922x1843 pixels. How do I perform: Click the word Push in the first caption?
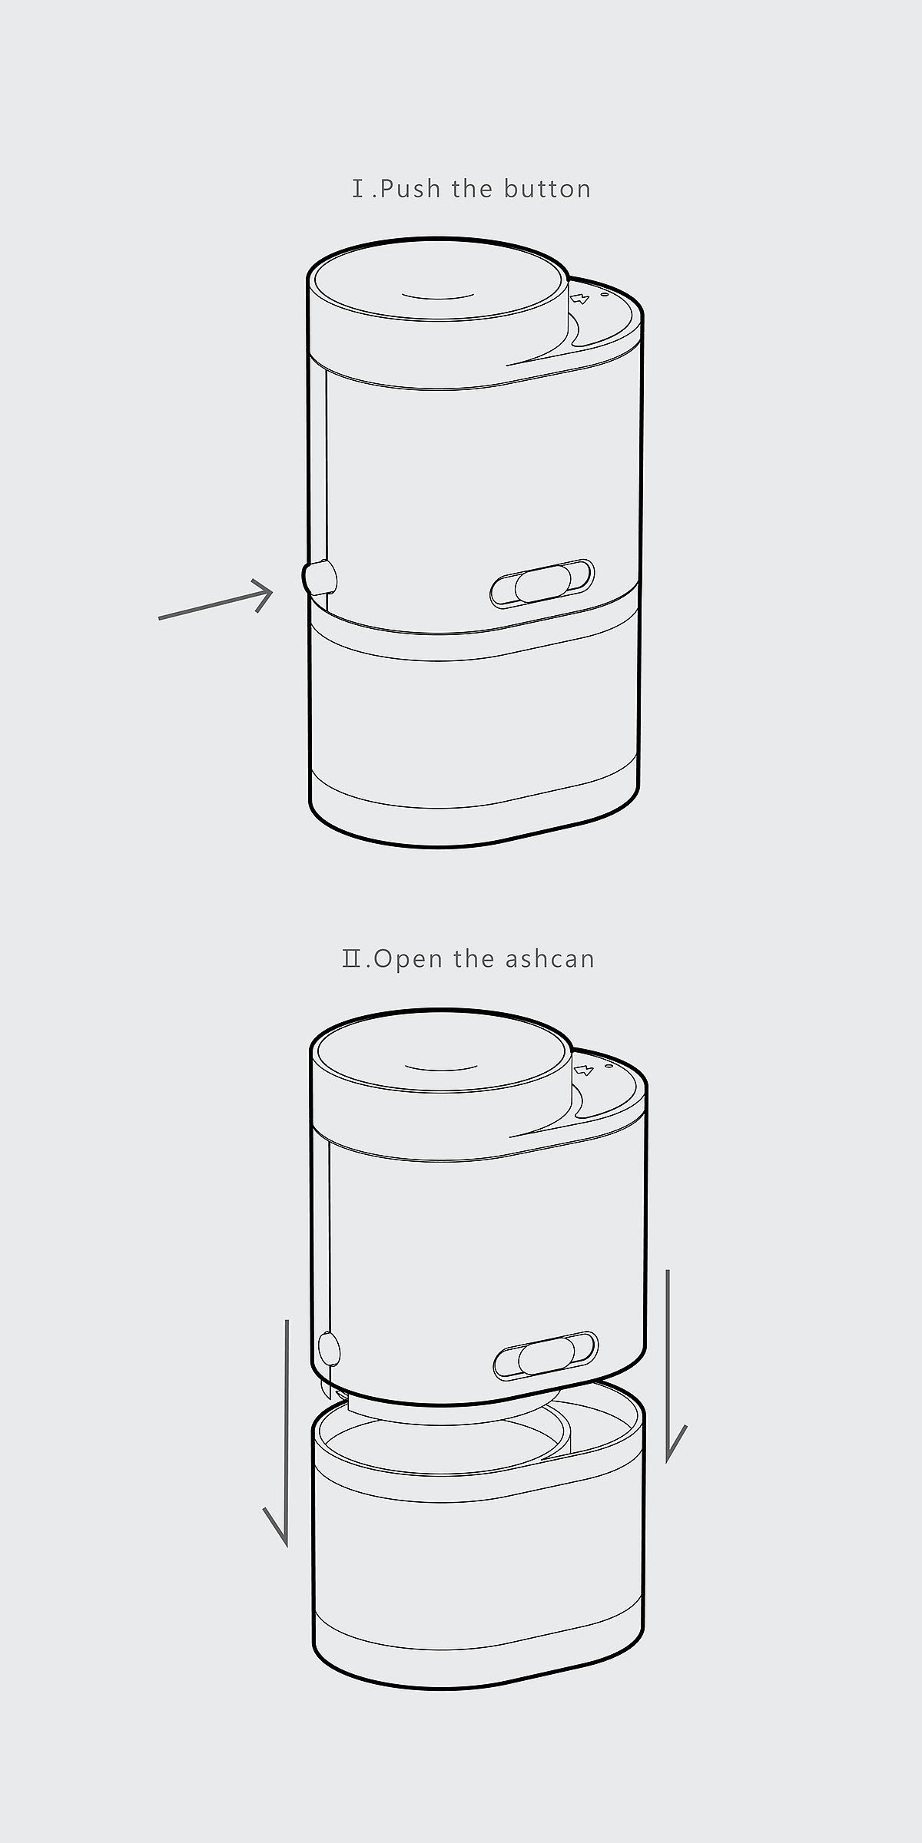pyautogui.click(x=411, y=189)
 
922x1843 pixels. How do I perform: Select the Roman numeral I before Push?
pyautogui.click(x=358, y=189)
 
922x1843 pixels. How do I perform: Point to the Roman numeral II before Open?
pyautogui.click(x=353, y=960)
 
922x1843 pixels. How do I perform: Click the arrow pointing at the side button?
pyautogui.click(x=216, y=599)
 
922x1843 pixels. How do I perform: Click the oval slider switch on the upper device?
pyautogui.click(x=542, y=584)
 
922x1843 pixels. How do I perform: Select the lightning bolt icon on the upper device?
pyautogui.click(x=580, y=297)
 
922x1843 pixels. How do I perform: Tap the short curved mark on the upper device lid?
pyautogui.click(x=436, y=296)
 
